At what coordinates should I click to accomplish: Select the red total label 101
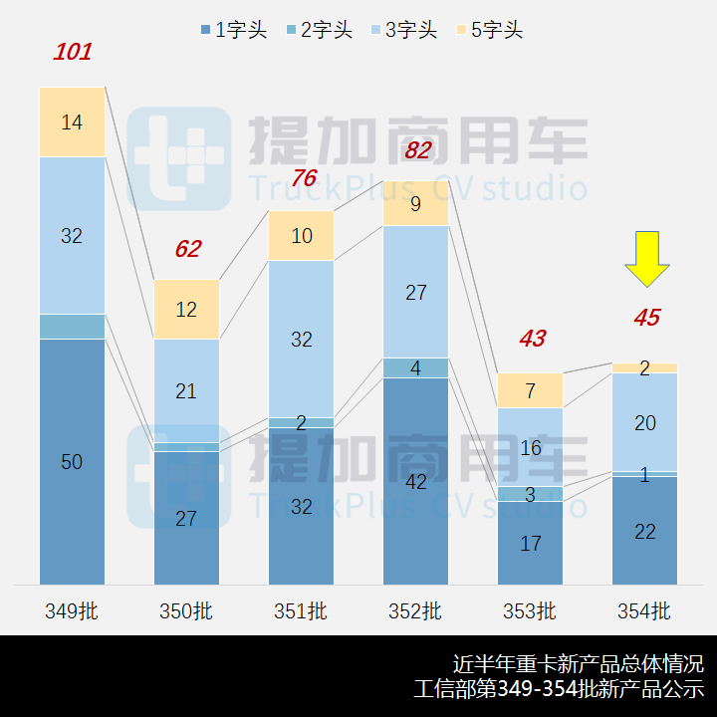pyautogui.click(x=72, y=52)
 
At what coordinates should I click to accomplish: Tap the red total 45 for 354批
pyautogui.click(x=646, y=318)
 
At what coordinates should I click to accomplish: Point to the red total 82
pyautogui.click(x=417, y=150)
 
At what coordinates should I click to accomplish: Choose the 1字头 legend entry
pyautogui.click(x=233, y=30)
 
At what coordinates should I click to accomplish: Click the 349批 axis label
pyautogui.click(x=72, y=610)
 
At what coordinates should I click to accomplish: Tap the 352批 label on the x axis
pyautogui.click(x=416, y=610)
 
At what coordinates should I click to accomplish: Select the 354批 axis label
pyautogui.click(x=644, y=610)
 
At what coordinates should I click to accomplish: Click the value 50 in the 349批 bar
pyautogui.click(x=72, y=462)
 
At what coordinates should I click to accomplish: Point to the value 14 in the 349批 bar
pyautogui.click(x=72, y=122)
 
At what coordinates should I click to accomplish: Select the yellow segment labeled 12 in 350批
pyautogui.click(x=186, y=310)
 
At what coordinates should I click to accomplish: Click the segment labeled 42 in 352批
pyautogui.click(x=416, y=482)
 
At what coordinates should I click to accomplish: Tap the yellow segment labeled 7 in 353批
pyautogui.click(x=530, y=390)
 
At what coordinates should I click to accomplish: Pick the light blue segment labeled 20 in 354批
pyautogui.click(x=644, y=423)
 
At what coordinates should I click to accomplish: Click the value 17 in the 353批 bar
pyautogui.click(x=530, y=544)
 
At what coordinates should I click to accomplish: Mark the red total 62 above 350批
pyautogui.click(x=187, y=249)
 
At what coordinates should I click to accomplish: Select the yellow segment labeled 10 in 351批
pyautogui.click(x=301, y=236)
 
